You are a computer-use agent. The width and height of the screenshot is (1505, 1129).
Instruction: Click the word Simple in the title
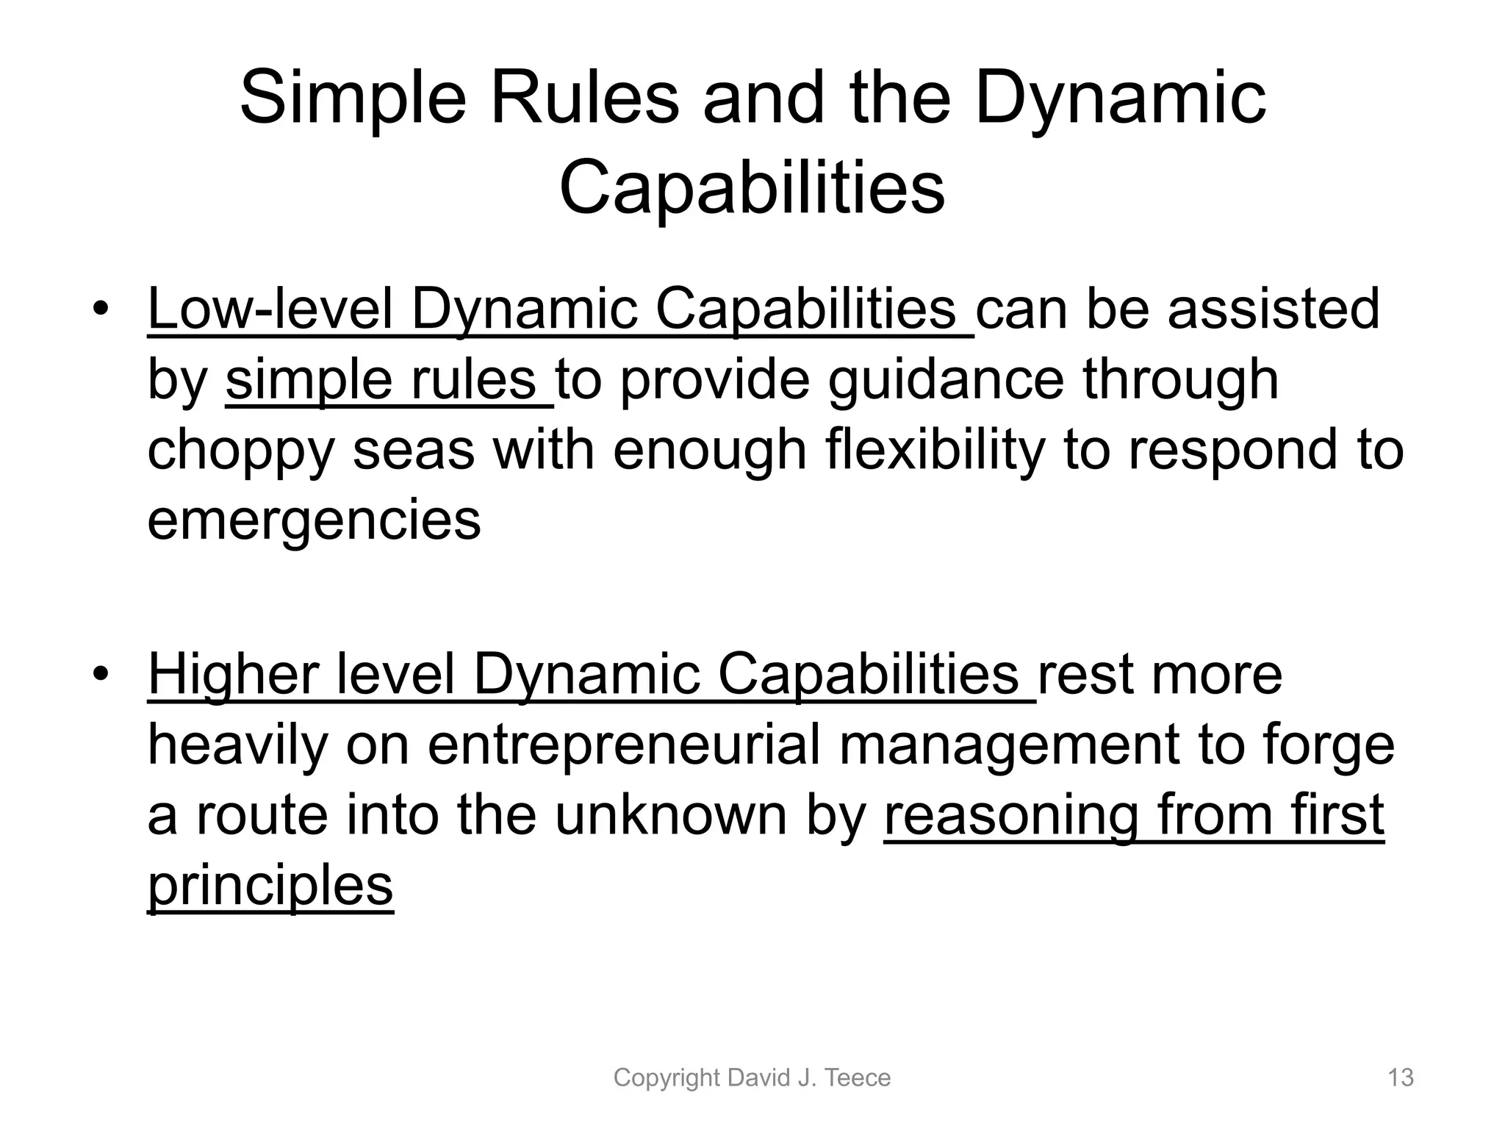[353, 100]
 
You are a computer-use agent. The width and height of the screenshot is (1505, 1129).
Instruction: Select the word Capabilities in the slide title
[752, 189]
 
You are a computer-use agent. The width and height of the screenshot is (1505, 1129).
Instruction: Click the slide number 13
[1400, 1078]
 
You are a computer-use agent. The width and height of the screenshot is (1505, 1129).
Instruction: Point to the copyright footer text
[752, 1078]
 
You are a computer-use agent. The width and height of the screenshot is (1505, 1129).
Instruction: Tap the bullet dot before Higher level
[101, 674]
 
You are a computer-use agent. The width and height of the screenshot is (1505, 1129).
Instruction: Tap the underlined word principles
[270, 886]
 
